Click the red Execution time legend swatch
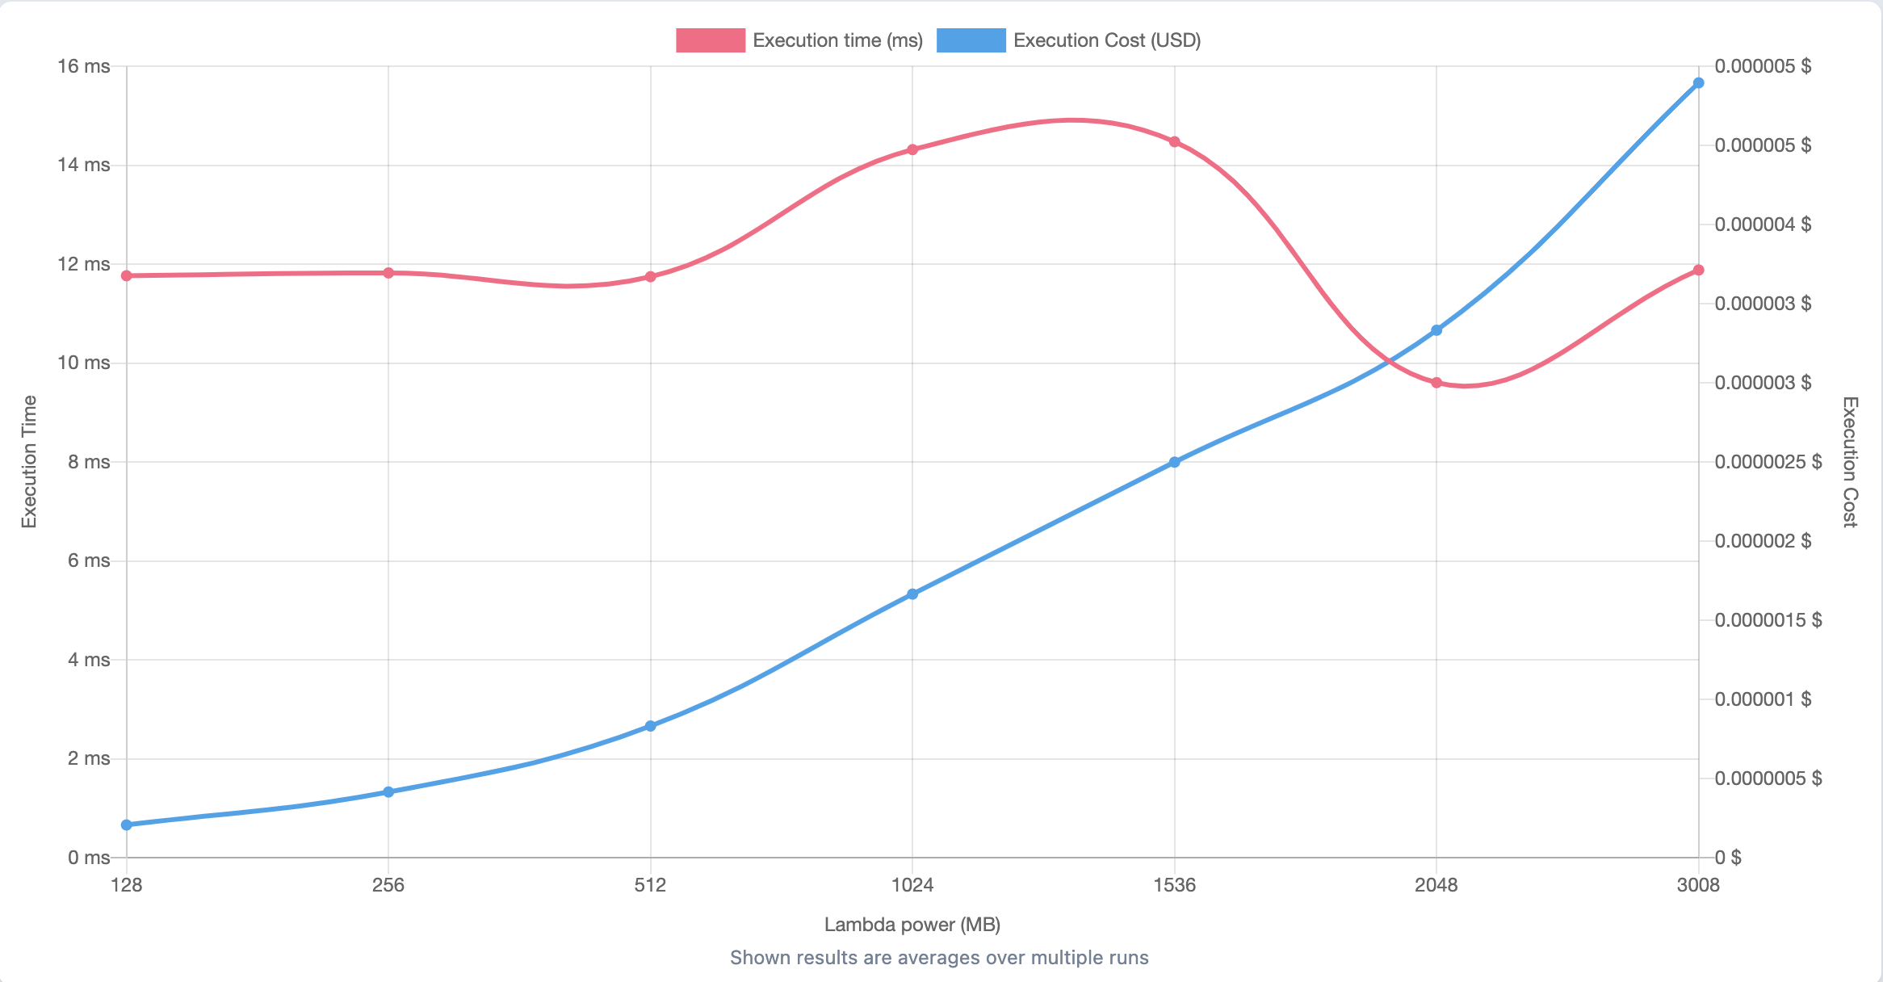[710, 40]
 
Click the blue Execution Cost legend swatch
[971, 40]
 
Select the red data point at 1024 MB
[912, 149]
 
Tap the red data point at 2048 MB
[1436, 383]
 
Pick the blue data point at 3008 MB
[1698, 83]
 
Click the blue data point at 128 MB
[127, 825]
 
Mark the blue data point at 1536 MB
[1175, 463]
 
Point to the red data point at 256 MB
[388, 273]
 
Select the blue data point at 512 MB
[651, 726]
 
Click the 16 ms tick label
[83, 66]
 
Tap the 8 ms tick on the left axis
[89, 462]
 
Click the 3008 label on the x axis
[1698, 885]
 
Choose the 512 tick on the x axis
[651, 885]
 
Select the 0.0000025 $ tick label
[1768, 462]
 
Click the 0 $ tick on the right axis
[1728, 858]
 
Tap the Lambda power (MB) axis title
[912, 925]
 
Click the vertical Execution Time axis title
[29, 462]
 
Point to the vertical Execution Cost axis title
[1850, 462]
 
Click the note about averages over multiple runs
[939, 958]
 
